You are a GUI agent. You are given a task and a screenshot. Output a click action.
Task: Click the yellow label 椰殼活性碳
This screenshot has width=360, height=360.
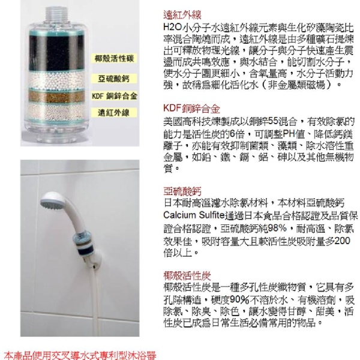(114, 59)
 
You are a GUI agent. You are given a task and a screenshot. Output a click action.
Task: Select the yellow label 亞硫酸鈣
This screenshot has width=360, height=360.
(114, 79)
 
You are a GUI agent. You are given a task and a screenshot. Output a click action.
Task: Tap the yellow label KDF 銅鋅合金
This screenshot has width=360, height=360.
(114, 96)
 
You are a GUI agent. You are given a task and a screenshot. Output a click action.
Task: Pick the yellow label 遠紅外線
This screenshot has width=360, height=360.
(114, 113)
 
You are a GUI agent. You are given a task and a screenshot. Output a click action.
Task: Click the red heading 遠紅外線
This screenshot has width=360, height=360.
(182, 15)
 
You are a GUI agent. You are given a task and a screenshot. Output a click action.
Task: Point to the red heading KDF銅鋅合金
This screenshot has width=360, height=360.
(192, 109)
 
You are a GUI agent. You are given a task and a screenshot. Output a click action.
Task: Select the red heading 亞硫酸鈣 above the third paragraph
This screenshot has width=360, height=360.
(182, 191)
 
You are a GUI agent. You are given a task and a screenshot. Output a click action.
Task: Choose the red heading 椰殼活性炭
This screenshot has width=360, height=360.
(187, 275)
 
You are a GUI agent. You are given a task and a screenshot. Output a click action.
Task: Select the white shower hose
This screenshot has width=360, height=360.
(96, 298)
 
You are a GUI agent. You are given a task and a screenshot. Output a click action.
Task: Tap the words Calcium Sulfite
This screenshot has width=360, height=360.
(194, 215)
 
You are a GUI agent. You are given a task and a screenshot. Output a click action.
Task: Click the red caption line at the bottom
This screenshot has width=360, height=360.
(80, 355)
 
